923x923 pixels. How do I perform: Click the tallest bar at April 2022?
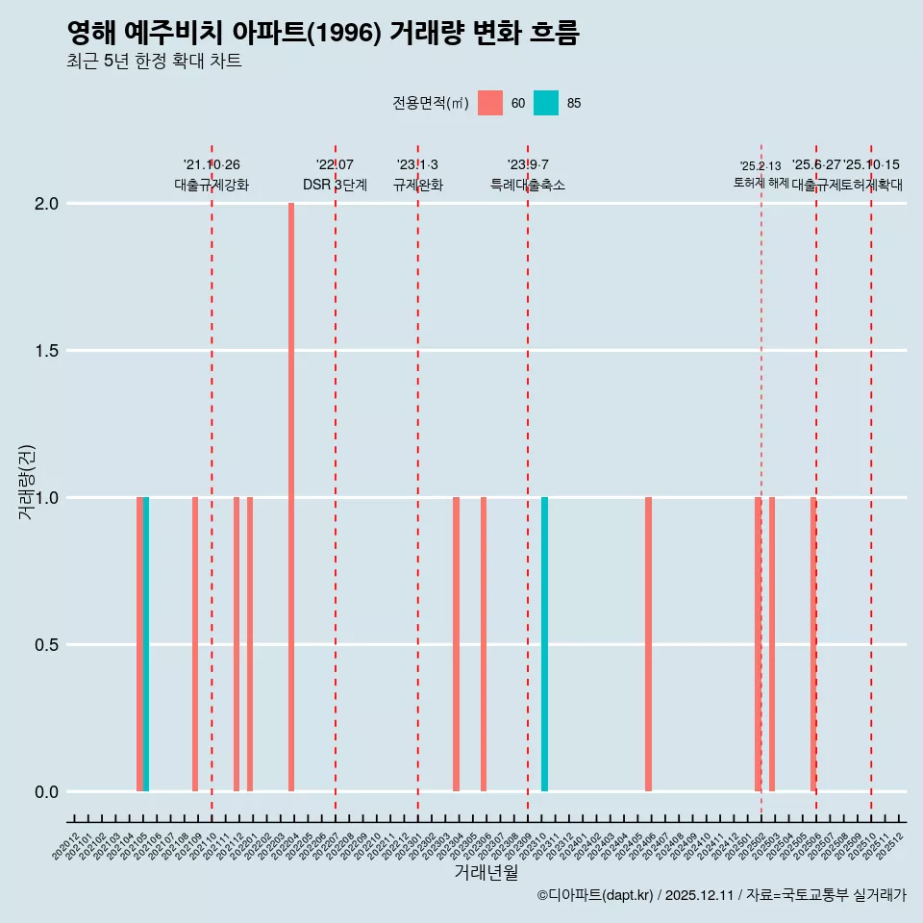pos(291,497)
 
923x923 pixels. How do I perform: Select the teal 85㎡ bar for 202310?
pos(544,644)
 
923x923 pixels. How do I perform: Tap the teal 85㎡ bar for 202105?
pos(146,644)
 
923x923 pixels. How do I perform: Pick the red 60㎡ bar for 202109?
pos(195,644)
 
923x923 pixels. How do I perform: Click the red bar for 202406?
pos(648,644)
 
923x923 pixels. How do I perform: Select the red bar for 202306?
pos(484,644)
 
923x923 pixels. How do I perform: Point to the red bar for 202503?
pos(772,644)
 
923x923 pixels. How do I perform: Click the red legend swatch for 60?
pos(490,103)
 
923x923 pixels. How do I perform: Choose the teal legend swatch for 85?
pos(546,103)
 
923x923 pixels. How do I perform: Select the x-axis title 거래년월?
pos(486,873)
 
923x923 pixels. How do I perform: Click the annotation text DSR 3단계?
pos(335,186)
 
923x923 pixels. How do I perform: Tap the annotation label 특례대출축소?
pos(528,186)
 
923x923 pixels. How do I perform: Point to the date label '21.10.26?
pos(212,165)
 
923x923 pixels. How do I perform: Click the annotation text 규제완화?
pos(418,186)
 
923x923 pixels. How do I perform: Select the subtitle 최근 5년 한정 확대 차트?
pos(154,62)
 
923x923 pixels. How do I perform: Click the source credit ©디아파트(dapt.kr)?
pos(595,896)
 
